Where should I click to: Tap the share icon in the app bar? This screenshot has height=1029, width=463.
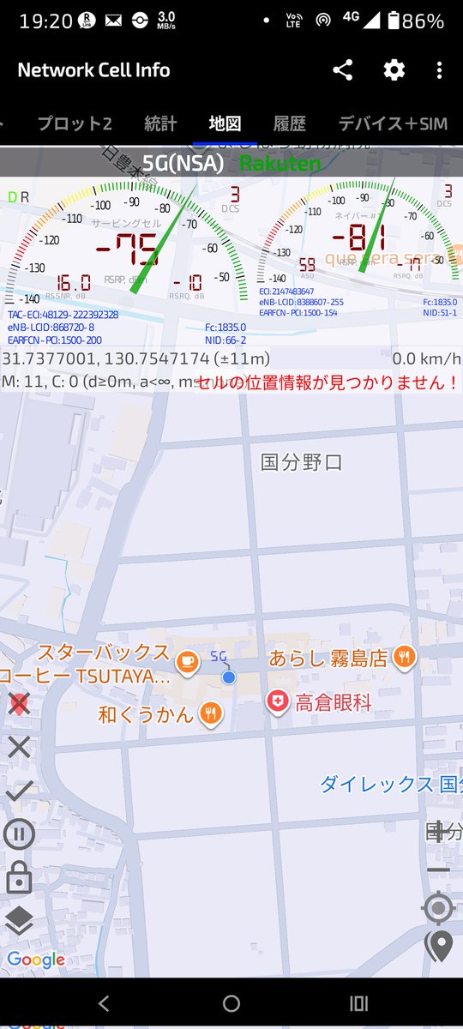coord(343,70)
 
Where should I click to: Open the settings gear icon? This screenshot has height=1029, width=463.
coord(394,70)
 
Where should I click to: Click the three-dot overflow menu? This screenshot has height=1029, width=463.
coord(439,70)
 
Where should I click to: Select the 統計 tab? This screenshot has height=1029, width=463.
coord(160,123)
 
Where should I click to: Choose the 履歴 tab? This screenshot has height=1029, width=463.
coord(290,123)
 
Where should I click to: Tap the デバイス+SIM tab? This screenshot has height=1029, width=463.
coord(393,123)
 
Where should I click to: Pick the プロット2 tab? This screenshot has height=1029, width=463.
coord(75,123)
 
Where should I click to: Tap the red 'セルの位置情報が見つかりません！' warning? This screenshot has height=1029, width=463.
coord(327,382)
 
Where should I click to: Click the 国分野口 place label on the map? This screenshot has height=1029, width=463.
coord(302,463)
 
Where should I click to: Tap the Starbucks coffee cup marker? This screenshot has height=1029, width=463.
coord(185,661)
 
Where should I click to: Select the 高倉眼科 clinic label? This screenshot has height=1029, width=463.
coord(334,704)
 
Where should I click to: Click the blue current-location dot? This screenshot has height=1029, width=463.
coord(229,677)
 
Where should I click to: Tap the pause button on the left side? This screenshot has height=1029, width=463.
coord(19,833)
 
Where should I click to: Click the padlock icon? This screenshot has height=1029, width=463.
coord(19,877)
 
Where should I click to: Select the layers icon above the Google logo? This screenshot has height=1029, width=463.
coord(19,920)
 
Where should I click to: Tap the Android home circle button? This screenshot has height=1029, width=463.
coord(231,1003)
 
